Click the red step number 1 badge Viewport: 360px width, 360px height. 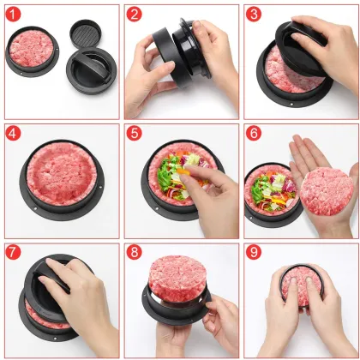[x=15, y=15]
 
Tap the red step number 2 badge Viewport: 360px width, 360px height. [x=134, y=15]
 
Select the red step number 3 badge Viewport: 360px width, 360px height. [x=254, y=15]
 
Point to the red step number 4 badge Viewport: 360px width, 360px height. [x=15, y=135]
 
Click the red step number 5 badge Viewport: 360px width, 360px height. [x=134, y=135]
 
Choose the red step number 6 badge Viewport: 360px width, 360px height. [x=254, y=135]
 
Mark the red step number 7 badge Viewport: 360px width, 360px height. [x=15, y=255]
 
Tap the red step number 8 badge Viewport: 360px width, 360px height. [x=134, y=255]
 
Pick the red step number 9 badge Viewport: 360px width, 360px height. [x=254, y=255]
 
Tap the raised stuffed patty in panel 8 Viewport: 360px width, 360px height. [x=177, y=279]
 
